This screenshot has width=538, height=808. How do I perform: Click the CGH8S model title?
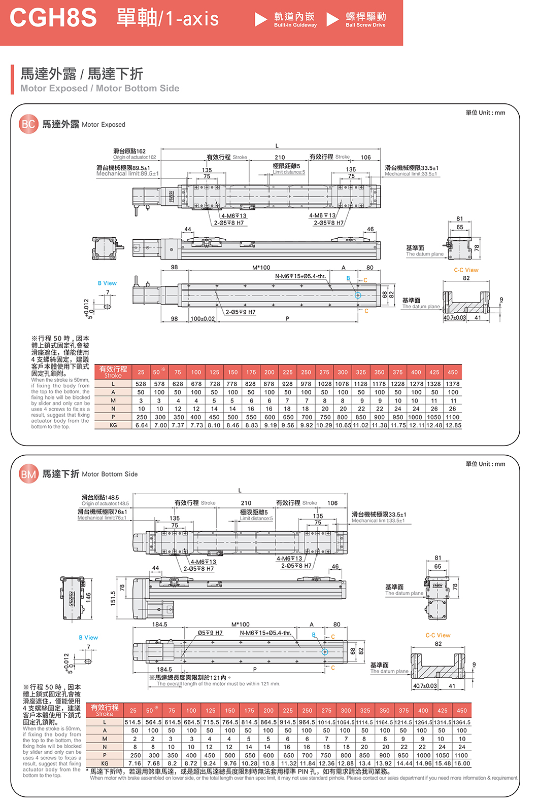pos(53,18)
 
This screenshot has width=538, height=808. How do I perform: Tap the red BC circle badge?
pos(28,124)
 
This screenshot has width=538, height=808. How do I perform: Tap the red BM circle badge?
pos(28,474)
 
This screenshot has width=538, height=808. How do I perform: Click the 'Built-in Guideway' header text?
pos(295,25)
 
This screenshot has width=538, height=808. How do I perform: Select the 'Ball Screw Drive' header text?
pos(365,25)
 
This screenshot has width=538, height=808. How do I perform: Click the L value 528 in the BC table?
pos(141,384)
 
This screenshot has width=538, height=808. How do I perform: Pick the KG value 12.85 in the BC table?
pos(453,425)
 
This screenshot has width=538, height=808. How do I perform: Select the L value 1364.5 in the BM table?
pos(461,722)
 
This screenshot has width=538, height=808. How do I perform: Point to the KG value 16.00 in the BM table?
pos(462,763)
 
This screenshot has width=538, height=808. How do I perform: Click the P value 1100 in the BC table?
pos(453,417)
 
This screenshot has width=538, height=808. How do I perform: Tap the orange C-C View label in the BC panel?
pos(466,270)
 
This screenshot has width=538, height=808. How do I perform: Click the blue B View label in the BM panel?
pos(88,638)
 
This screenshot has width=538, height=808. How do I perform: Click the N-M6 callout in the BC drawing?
pos(300,276)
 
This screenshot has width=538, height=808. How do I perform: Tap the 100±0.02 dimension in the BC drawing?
pos(203,319)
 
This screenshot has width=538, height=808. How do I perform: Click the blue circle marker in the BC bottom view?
pos(358,295)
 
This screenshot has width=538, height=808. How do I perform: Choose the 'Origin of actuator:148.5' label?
pos(105,503)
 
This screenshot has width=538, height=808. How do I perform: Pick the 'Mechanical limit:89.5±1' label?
pos(127,174)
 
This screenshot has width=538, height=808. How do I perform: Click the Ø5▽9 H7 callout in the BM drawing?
pos(210,633)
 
